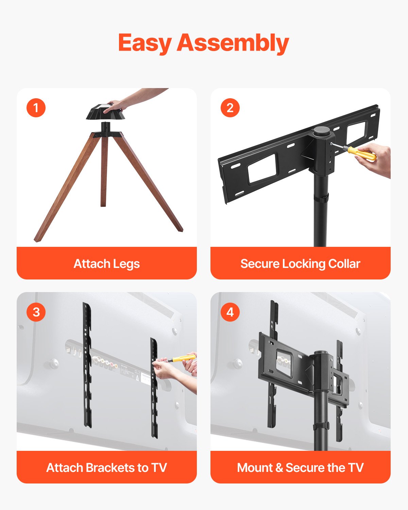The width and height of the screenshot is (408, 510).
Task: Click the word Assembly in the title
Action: click(233, 43)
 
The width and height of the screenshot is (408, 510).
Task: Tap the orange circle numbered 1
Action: click(36, 108)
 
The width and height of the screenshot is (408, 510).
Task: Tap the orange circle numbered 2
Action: click(230, 108)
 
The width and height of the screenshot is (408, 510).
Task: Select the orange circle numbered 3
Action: click(36, 312)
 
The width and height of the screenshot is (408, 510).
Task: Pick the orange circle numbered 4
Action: click(230, 312)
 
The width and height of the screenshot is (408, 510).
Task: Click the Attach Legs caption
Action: click(107, 263)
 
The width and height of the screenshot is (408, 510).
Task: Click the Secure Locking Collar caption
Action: click(300, 263)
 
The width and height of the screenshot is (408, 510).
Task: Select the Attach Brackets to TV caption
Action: click(107, 468)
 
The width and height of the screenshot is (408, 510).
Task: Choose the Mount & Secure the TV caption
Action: click(300, 468)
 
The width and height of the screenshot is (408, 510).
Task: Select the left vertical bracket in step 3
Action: click(87, 365)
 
